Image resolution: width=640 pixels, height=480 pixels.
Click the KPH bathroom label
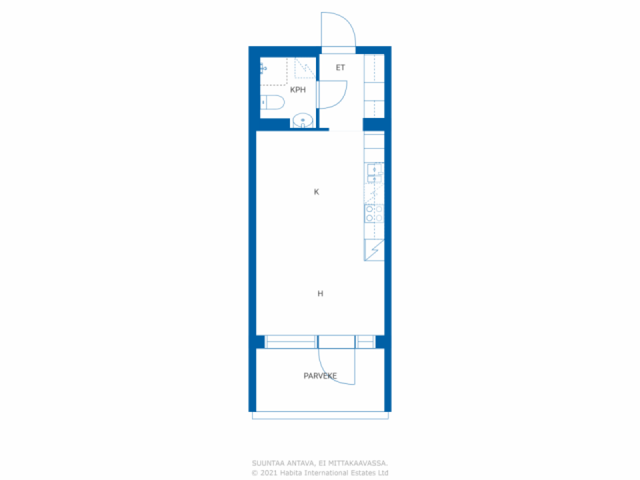pyautogui.click(x=297, y=90)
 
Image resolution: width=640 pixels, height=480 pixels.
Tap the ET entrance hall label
pyautogui.click(x=340, y=67)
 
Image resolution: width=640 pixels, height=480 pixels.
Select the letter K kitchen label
pyautogui.click(x=316, y=192)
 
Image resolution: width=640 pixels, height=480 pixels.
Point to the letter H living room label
pyautogui.click(x=320, y=293)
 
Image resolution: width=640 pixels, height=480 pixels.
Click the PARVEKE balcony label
pyautogui.click(x=320, y=376)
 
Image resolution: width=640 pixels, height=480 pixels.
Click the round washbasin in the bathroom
pyautogui.click(x=302, y=120)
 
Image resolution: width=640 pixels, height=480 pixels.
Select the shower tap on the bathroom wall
pyautogui.click(x=263, y=68)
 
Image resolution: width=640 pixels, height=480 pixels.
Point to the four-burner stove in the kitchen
pyautogui.click(x=374, y=213)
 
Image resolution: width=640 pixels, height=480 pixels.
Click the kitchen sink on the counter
pyautogui.click(x=373, y=172)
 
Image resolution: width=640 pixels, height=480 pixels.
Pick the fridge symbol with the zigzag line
pyautogui.click(x=374, y=250)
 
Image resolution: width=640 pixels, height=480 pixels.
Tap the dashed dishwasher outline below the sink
pyautogui.click(x=373, y=193)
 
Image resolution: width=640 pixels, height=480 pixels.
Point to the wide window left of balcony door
pyautogui.click(x=290, y=342)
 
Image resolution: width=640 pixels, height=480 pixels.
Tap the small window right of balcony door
pyautogui.click(x=365, y=342)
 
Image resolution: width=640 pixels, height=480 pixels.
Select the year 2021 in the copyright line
pyautogui.click(x=269, y=473)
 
